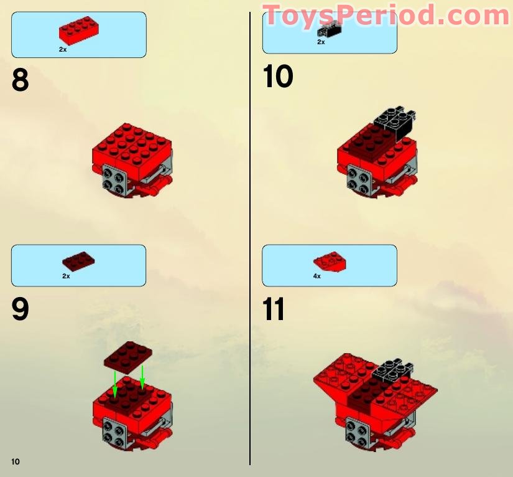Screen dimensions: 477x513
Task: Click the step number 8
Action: (x=20, y=80)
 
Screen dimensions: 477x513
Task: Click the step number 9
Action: (x=20, y=309)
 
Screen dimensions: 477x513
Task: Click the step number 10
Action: (x=277, y=77)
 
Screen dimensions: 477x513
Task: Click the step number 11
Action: (x=274, y=309)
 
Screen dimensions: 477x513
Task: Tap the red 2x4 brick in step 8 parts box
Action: (x=79, y=31)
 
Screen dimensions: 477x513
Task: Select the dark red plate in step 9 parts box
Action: (x=78, y=261)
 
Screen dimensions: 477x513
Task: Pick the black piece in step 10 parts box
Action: (x=330, y=28)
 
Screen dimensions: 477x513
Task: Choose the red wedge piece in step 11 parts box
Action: (x=330, y=262)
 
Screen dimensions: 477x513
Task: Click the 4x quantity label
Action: (x=317, y=276)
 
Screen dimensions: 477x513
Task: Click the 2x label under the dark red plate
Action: (x=66, y=276)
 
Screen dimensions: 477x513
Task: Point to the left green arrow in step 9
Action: (x=115, y=383)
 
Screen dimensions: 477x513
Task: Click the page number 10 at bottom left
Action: (x=16, y=461)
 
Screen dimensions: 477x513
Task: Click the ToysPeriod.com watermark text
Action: (x=386, y=15)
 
